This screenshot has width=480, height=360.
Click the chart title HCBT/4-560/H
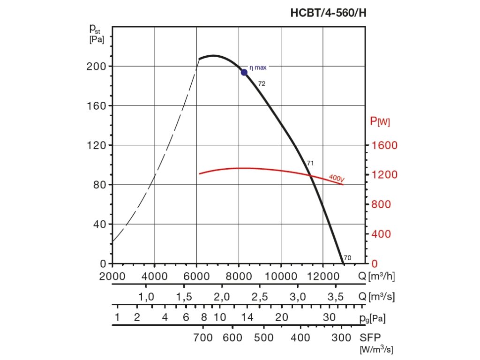pos(328,13)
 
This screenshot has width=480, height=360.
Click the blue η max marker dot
pos(244,72)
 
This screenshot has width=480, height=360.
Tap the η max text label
pos(258,67)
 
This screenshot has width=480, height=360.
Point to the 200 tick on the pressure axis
pos(96,66)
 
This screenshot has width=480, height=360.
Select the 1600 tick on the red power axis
pos(384,145)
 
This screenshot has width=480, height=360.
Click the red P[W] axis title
pos(380,122)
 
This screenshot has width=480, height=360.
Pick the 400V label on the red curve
pos(337,178)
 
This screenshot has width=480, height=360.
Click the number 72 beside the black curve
pos(262,83)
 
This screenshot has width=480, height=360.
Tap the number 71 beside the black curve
pos(310,163)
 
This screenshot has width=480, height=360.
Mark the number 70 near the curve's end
pos(347,258)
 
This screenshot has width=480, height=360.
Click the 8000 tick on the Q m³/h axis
pos(239,276)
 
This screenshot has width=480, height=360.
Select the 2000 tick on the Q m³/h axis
pos(112,276)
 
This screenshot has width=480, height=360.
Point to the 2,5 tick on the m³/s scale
pos(260,297)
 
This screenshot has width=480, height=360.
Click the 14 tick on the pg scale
pos(247,317)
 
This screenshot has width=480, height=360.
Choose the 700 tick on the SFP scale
pos(203,338)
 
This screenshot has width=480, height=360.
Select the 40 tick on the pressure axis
pos(98,224)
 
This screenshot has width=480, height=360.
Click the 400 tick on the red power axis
pos(381,234)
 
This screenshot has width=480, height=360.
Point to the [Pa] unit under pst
pos(97,40)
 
